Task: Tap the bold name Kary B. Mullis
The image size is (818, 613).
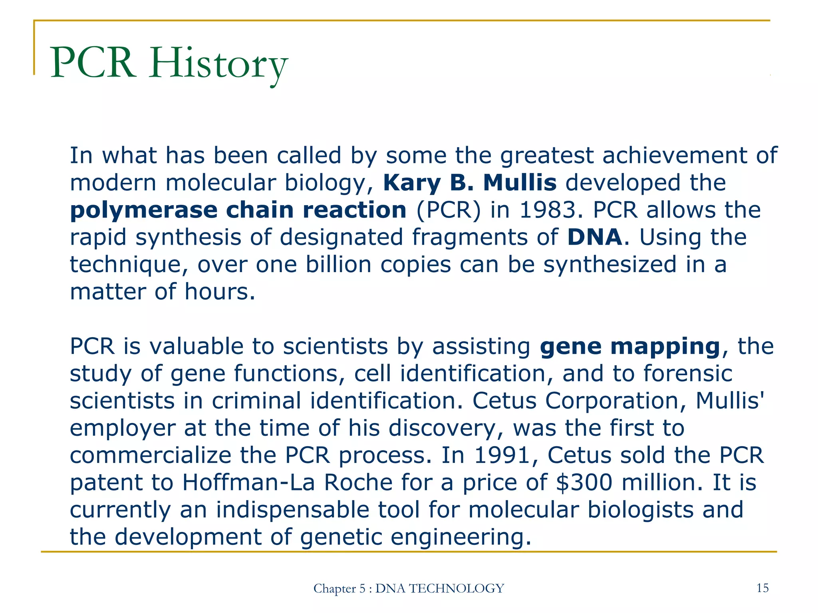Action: (x=470, y=183)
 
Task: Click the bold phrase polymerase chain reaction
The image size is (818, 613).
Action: (x=238, y=210)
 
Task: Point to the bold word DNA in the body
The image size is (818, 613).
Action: (x=594, y=237)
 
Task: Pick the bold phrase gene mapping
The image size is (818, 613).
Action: (x=629, y=346)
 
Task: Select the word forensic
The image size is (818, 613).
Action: (x=688, y=374)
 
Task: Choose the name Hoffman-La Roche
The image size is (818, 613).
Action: (x=288, y=482)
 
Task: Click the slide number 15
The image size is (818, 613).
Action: (x=762, y=588)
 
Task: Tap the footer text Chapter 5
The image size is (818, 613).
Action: (x=339, y=589)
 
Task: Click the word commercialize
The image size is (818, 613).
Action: (x=150, y=455)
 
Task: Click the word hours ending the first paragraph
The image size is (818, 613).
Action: (x=219, y=291)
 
